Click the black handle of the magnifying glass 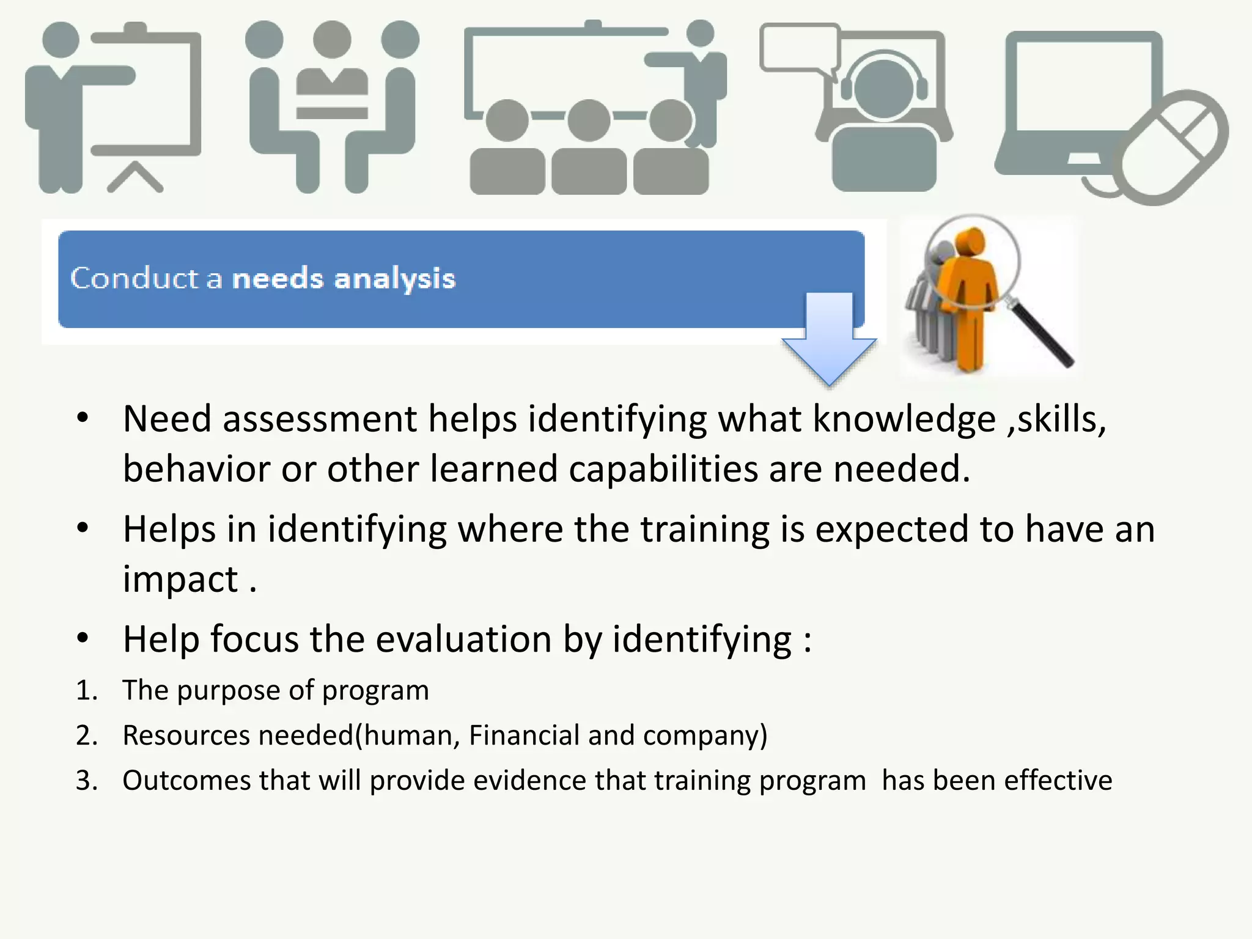coord(1042,336)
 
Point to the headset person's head coord(883,89)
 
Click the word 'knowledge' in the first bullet coord(904,420)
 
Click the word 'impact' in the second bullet coord(180,580)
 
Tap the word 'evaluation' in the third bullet coord(463,639)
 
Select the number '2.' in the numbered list coord(87,735)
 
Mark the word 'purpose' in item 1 coord(229,691)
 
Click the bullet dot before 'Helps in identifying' coord(83,528)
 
